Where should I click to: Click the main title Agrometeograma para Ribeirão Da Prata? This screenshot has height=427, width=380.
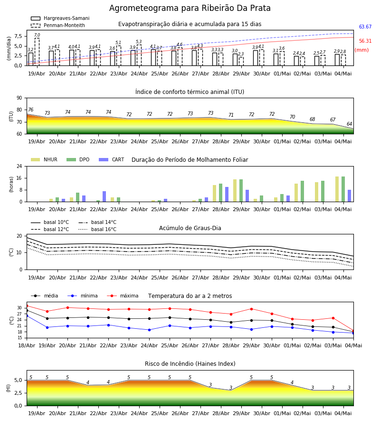[x=190, y=8]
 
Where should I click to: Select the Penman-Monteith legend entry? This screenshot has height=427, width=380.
[x=58, y=25]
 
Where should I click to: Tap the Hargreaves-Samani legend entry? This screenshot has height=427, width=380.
[x=60, y=18]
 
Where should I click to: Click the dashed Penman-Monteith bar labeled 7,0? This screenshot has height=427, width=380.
[x=37, y=52]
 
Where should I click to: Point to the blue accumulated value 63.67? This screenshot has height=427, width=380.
[x=365, y=27]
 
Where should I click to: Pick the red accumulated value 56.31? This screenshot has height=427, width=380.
[x=365, y=41]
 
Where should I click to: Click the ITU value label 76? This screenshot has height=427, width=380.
[x=30, y=110]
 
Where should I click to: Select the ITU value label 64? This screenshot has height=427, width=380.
[x=349, y=124]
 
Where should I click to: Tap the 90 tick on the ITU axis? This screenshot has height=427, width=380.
[x=19, y=98]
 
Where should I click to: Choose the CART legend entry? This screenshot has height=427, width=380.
[x=112, y=159]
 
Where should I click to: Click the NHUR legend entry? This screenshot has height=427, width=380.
[x=44, y=159]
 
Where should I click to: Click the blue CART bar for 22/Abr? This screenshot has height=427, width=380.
[x=104, y=196]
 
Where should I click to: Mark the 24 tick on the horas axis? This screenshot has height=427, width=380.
[x=19, y=166]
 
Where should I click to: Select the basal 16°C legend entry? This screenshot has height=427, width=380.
[x=97, y=229]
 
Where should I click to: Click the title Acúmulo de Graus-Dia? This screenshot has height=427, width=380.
[x=190, y=228]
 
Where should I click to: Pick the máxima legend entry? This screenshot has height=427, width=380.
[x=123, y=296]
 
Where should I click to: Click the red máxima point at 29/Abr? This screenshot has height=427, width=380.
[x=251, y=309]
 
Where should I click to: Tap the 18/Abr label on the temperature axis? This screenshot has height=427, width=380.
[x=27, y=345]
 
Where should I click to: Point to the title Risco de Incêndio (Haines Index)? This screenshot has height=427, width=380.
[x=190, y=364]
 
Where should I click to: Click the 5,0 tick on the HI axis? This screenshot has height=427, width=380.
[x=18, y=380]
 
